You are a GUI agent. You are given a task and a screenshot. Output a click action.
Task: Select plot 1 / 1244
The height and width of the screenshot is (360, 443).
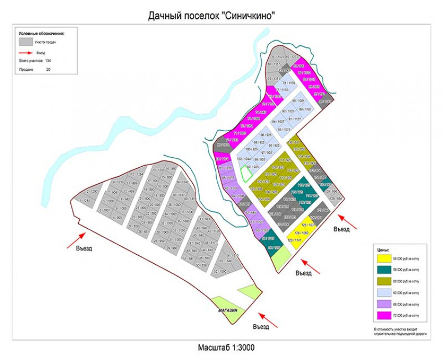click(x=85, y=201)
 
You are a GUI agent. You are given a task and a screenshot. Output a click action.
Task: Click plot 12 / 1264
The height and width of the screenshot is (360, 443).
click(x=137, y=175)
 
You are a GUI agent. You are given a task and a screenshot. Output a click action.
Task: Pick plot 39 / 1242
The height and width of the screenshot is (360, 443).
click(x=182, y=183)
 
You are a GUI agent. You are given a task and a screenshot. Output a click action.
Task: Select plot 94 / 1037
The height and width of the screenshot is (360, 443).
click(x=278, y=121)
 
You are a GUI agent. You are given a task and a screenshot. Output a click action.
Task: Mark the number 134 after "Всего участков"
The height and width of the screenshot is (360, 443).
click(x=48, y=61)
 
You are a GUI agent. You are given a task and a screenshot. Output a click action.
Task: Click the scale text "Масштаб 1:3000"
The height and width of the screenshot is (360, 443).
click(x=226, y=347)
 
